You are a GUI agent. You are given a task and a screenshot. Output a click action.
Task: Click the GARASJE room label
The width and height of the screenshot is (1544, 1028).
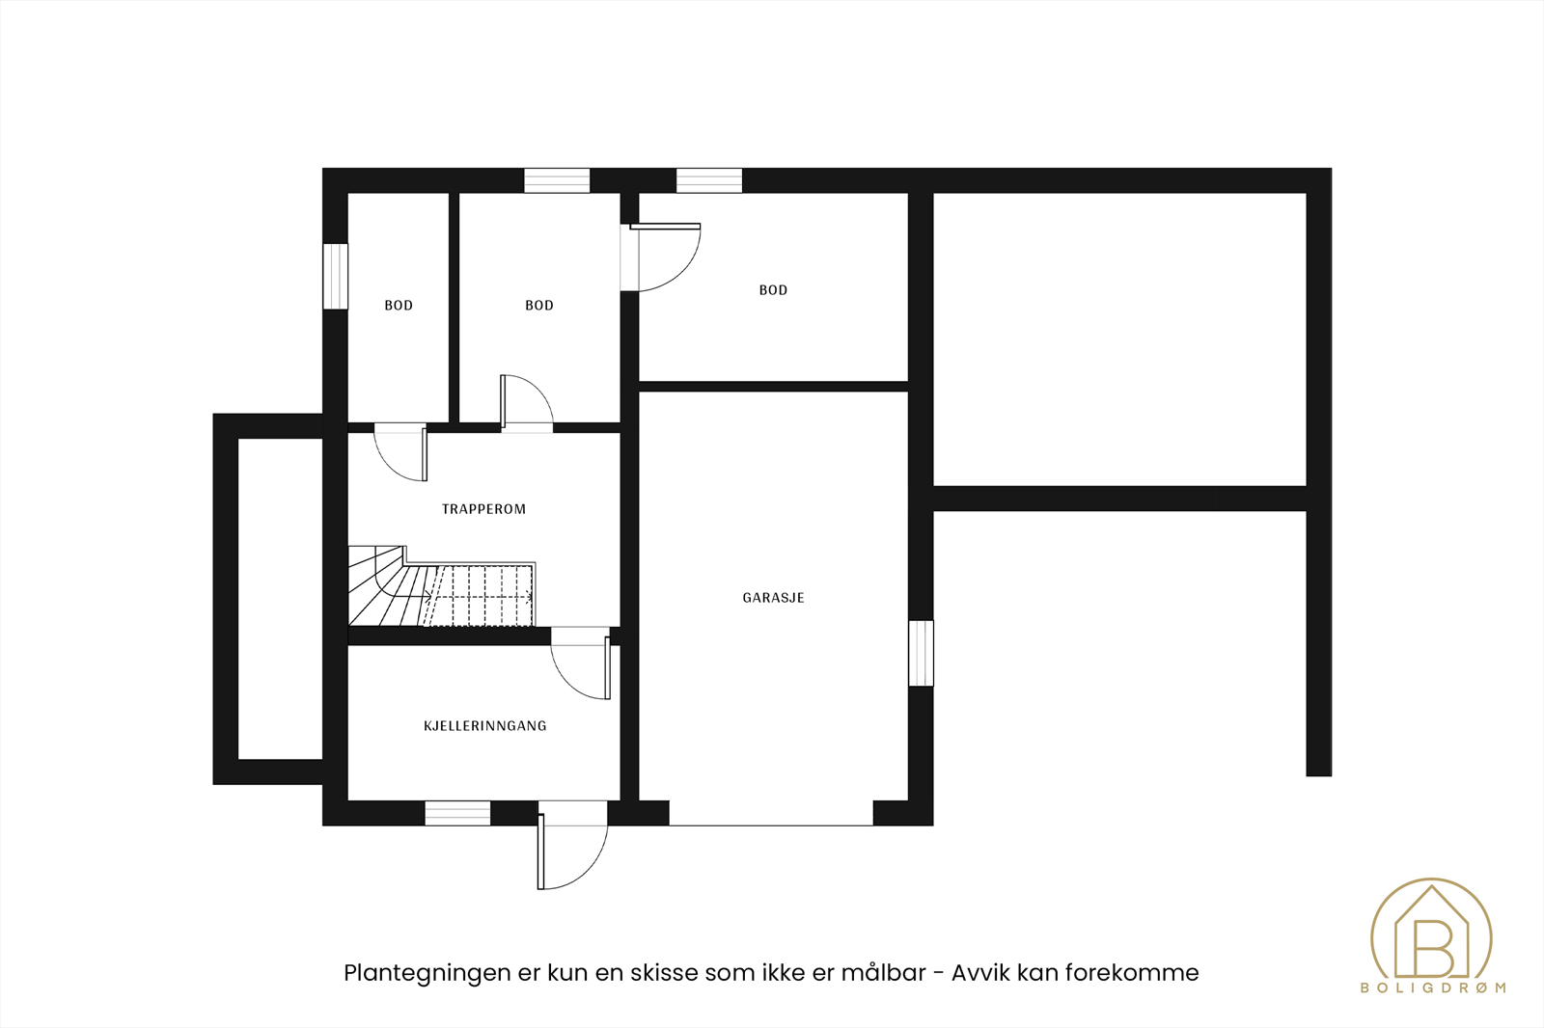[773, 598]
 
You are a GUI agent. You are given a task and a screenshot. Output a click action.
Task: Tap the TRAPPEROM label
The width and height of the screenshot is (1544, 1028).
[483, 509]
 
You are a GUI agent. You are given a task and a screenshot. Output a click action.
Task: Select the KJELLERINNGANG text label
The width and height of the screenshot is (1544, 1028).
[484, 726]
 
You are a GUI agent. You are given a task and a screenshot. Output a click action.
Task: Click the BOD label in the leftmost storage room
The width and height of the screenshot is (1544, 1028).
[399, 306]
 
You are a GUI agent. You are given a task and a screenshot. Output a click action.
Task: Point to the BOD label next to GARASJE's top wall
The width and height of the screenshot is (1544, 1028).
[773, 290]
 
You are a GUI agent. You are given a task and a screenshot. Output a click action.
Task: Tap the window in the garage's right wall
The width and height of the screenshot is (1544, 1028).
[922, 653]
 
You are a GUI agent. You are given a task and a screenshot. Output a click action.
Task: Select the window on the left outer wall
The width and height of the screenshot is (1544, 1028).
[335, 276]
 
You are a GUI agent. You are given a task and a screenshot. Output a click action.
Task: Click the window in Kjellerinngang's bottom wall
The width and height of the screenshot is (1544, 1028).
[457, 813]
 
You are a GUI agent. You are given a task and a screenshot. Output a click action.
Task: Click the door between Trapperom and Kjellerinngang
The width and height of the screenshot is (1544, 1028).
[582, 665]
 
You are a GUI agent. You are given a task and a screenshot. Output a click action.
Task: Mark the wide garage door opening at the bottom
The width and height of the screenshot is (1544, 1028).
[771, 815]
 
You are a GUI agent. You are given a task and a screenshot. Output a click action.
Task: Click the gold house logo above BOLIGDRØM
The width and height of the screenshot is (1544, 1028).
[1431, 931]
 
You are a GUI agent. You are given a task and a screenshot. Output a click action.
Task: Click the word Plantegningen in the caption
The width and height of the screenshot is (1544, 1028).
[427, 973]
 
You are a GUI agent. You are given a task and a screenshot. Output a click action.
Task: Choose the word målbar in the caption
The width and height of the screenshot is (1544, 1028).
[883, 973]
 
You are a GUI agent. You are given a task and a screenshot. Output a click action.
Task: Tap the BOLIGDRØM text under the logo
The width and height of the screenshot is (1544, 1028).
[1432, 987]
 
